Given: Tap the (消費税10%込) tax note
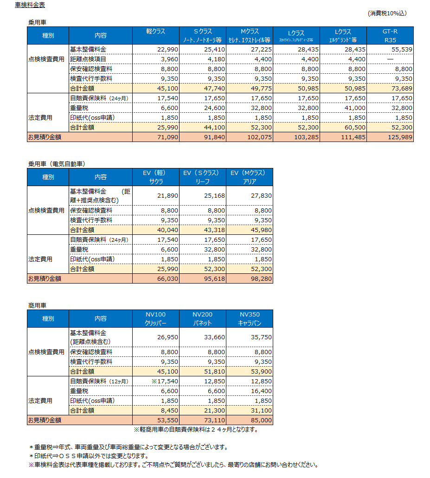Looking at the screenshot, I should [x=387, y=13].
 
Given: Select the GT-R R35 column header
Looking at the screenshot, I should [x=390, y=35].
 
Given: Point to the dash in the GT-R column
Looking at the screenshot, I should [x=390, y=59].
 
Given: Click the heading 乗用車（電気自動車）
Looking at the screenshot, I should [x=57, y=164].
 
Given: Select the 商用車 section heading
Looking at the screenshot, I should [x=37, y=305].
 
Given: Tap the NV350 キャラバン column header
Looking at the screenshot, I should [x=250, y=318].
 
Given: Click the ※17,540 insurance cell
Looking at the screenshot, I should [x=165, y=381].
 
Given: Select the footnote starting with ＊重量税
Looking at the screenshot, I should [x=128, y=447].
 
